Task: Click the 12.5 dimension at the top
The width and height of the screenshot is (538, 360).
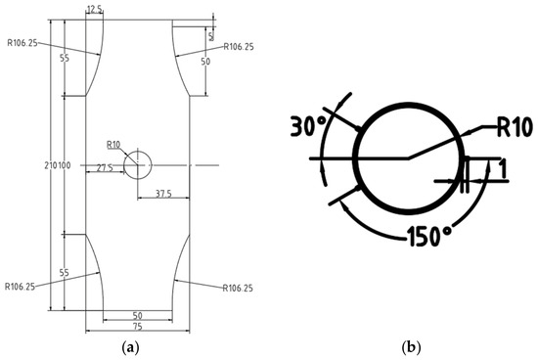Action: point(94,9)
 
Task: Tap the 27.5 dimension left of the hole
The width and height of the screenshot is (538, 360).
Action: point(105,168)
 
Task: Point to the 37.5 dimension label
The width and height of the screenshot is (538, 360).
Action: point(163,194)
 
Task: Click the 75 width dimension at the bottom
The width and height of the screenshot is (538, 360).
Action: point(137,327)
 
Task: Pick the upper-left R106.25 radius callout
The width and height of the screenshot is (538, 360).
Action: point(22,43)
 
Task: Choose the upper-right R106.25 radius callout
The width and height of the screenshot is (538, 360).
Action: point(239,47)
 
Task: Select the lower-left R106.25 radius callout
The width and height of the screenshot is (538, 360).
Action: point(20,287)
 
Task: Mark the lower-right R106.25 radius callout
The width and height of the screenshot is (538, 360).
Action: point(238,288)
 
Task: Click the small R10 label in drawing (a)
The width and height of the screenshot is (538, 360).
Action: point(113,145)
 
